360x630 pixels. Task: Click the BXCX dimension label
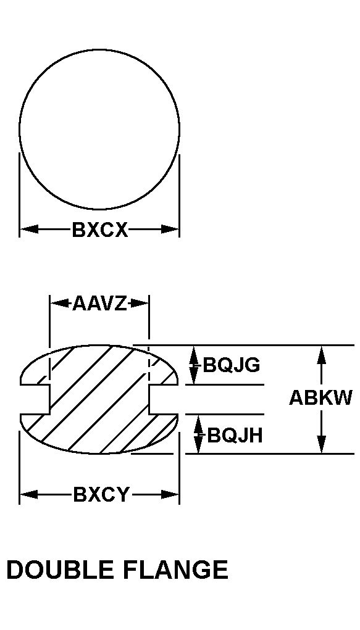click(100, 230)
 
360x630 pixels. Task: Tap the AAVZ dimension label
click(99, 303)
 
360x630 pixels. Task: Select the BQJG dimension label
click(232, 365)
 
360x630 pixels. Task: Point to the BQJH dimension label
click(235, 435)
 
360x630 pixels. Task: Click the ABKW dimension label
click(320, 398)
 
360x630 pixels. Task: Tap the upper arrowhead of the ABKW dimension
click(321, 354)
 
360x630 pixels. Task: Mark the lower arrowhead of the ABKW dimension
click(321, 445)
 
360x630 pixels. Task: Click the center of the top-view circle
click(99, 130)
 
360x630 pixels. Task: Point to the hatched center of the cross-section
click(99, 399)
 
